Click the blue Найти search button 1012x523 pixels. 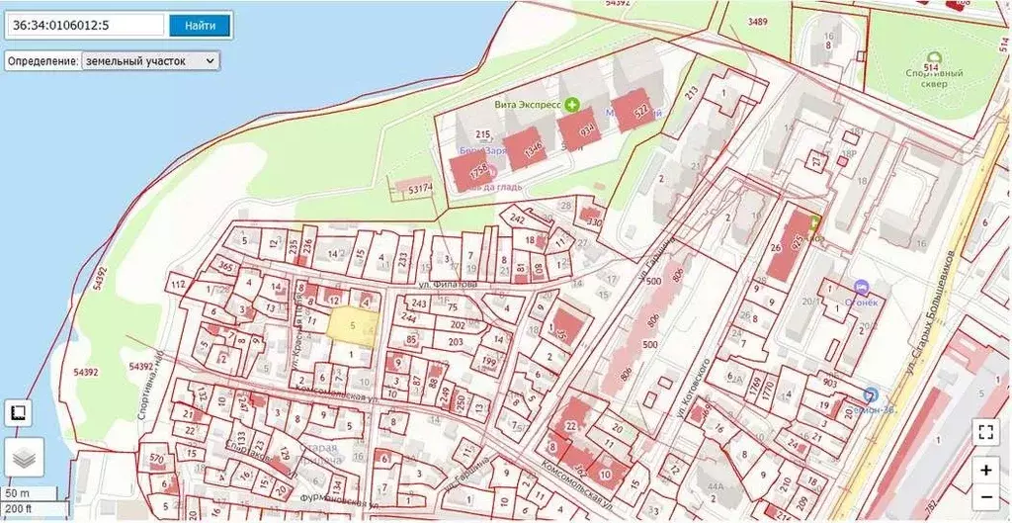point(200,26)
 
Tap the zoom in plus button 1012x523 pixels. point(985,470)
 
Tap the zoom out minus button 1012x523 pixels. point(985,496)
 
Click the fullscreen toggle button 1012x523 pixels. point(985,431)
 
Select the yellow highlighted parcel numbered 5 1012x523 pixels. point(352,325)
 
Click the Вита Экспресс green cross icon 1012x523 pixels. point(571,103)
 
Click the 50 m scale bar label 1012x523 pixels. point(17,492)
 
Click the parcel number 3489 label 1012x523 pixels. point(758,21)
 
